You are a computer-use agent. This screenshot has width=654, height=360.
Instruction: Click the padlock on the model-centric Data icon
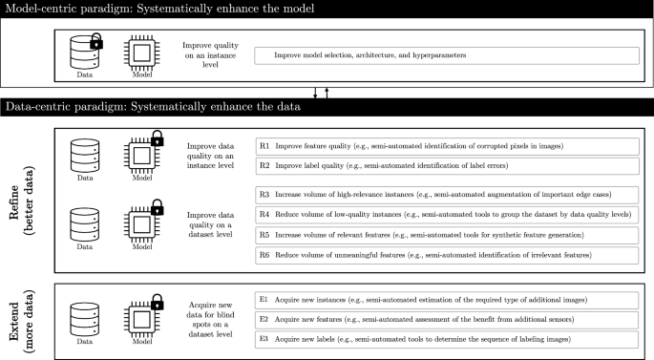96,41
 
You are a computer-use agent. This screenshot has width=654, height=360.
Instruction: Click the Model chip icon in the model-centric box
142,53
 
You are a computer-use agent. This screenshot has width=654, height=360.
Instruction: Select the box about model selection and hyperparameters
447,55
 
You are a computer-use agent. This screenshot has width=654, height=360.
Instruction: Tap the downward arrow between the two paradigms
315,93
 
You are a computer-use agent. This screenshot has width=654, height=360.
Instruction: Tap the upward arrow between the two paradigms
327,93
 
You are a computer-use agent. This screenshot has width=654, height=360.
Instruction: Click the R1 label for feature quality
264,146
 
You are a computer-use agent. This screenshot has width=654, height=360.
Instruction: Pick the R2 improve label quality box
447,166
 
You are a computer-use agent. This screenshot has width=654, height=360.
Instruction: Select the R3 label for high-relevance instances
264,195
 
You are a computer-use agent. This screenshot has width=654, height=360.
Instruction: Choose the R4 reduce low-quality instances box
447,215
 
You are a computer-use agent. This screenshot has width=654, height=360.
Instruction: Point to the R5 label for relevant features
264,235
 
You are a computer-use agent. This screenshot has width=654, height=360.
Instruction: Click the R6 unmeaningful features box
447,255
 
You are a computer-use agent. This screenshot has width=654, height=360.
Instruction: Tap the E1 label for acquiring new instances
264,300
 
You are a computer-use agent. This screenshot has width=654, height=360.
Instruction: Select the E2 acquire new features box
447,320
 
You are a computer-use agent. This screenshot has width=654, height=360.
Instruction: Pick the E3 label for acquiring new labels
264,339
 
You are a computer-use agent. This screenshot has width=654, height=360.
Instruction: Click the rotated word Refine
13,201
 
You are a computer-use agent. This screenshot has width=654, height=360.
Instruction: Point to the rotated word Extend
13,322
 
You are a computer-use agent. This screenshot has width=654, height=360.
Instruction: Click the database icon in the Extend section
85,320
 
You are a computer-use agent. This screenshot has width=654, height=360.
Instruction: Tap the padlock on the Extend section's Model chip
157,302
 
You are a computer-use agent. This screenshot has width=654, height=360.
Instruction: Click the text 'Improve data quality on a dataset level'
210,224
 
